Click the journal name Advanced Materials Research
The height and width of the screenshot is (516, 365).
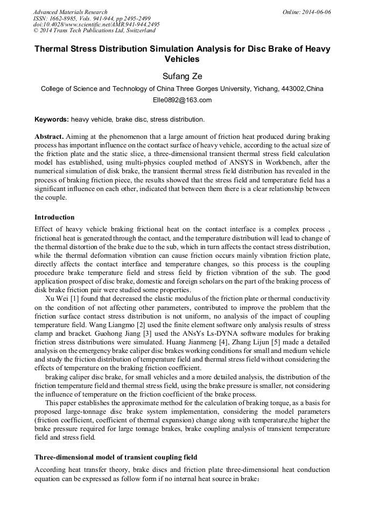tap(70, 12)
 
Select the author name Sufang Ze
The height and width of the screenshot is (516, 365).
tap(182, 76)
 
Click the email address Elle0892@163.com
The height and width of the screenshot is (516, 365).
tap(182, 100)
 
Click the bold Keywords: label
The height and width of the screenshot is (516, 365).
tap(52, 119)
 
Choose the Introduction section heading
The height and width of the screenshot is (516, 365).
tap(54, 217)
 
